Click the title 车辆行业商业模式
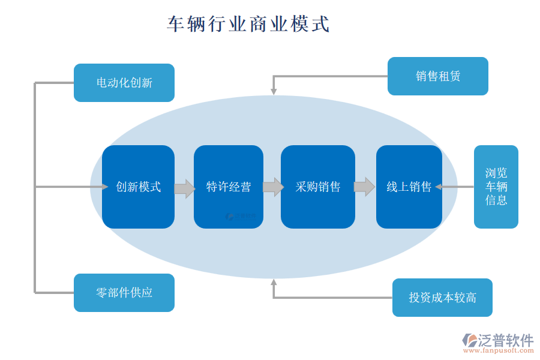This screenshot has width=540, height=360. click(248, 24)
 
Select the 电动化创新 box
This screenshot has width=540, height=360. click(124, 83)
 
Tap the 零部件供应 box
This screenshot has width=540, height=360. click(124, 293)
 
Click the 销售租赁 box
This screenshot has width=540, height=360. click(437, 76)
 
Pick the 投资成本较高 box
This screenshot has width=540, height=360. click(442, 298)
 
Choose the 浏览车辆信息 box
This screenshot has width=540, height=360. click(496, 187)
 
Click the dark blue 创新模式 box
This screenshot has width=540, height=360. click(138, 187)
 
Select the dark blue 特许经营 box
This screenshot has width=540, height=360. click(228, 187)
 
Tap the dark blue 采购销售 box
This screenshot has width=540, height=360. click(317, 187)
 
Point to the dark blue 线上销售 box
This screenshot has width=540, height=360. click(409, 187)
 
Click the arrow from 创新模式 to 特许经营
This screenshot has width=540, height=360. click(184, 188)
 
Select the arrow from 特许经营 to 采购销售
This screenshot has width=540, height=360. click(273, 187)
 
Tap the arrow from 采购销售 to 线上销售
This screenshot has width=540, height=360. click(364, 187)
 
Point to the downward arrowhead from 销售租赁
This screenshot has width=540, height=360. click(274, 91)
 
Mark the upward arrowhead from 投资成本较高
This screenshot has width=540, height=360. click(274, 283)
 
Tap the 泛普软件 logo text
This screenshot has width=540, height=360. click(505, 340)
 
